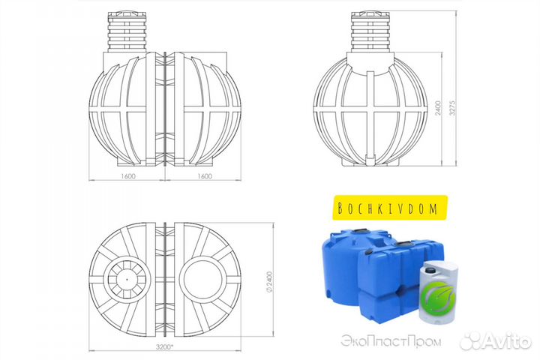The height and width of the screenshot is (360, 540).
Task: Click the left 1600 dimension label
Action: pos(128,176)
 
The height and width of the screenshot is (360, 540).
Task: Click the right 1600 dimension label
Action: pos(205,176)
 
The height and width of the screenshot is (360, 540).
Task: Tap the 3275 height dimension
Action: pos(452,108)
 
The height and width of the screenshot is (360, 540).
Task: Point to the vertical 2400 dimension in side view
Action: pos(438,108)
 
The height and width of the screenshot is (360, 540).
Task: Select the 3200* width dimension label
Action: pos(164,347)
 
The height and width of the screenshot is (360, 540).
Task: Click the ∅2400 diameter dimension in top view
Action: pos(269,283)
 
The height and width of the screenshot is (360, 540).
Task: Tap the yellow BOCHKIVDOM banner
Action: pos(389,208)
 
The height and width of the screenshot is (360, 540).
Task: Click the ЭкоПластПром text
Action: pos(391,341)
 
